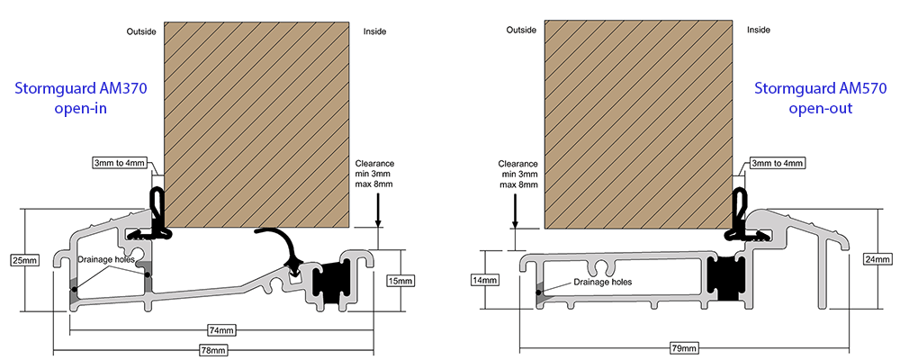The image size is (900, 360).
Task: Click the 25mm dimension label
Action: (24, 260)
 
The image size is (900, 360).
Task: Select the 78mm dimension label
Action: (213, 348)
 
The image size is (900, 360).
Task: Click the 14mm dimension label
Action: (484, 280)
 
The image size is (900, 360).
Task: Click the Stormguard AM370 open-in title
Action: (68, 99)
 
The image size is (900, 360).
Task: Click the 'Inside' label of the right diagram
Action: (759, 30)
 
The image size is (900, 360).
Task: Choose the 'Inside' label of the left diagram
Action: (374, 32)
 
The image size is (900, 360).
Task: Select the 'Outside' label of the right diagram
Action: (521, 30)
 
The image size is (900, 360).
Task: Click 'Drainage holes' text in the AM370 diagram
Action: (106, 259)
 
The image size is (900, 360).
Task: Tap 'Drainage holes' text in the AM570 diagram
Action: (602, 282)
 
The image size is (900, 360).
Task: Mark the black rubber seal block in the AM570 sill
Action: (724, 276)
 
